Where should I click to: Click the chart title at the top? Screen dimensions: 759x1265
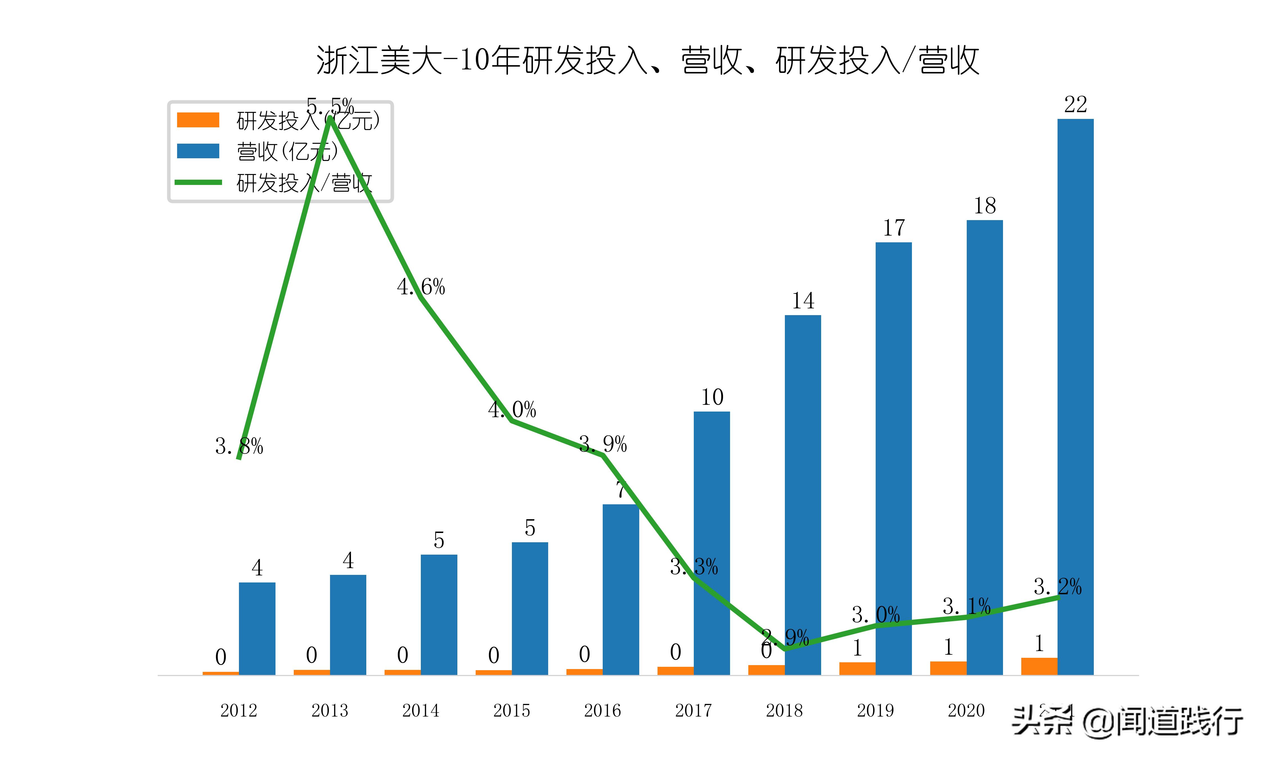647,60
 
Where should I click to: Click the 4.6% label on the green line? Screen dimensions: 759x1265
421,287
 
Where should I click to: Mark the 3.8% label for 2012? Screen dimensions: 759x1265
239,446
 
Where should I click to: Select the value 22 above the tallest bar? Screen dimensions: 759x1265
1075,105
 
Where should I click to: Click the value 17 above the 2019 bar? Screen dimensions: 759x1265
893,228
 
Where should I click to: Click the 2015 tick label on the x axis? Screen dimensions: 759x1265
511,710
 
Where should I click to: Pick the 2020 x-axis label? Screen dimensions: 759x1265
966,710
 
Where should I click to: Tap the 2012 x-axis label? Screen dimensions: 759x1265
238,710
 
